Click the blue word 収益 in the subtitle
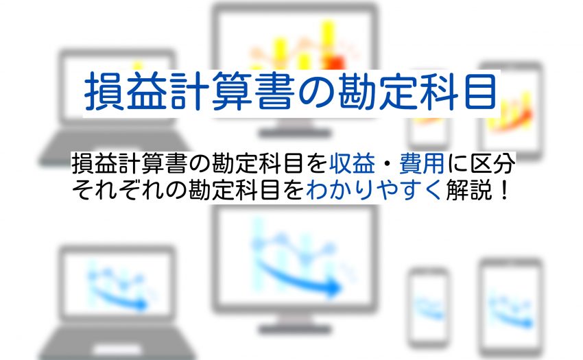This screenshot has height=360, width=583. pyautogui.click(x=352, y=164)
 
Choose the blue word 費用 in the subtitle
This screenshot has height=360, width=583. pyautogui.click(x=422, y=164)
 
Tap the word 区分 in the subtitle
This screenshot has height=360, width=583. pyautogui.click(x=492, y=164)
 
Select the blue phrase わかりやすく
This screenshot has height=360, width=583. pyautogui.click(x=374, y=190)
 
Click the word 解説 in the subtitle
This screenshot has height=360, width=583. pyautogui.click(x=468, y=190)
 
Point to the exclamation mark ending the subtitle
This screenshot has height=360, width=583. pyautogui.click(x=504, y=190)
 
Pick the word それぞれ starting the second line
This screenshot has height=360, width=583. pyautogui.click(x=117, y=190)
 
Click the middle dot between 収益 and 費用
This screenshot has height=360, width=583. pyautogui.click(x=387, y=164)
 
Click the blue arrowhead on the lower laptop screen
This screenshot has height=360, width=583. pyautogui.click(x=141, y=305)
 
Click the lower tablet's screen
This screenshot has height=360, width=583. pyautogui.click(x=510, y=307)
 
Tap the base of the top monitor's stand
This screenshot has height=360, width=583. pyautogui.click(x=295, y=133)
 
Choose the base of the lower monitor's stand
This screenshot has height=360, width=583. pyautogui.click(x=295, y=330)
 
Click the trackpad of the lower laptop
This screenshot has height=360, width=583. pyautogui.click(x=117, y=350)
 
